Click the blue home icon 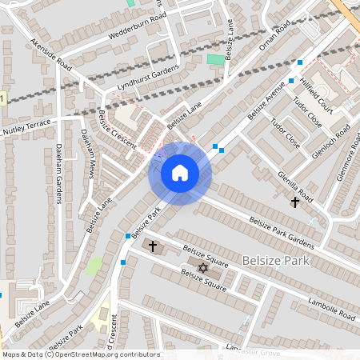tap(180, 172)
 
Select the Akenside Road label tap(51, 55)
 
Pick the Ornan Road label tap(272, 42)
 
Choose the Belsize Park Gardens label tap(282, 232)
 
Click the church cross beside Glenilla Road tap(294, 203)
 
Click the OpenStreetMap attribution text tap(81, 354)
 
